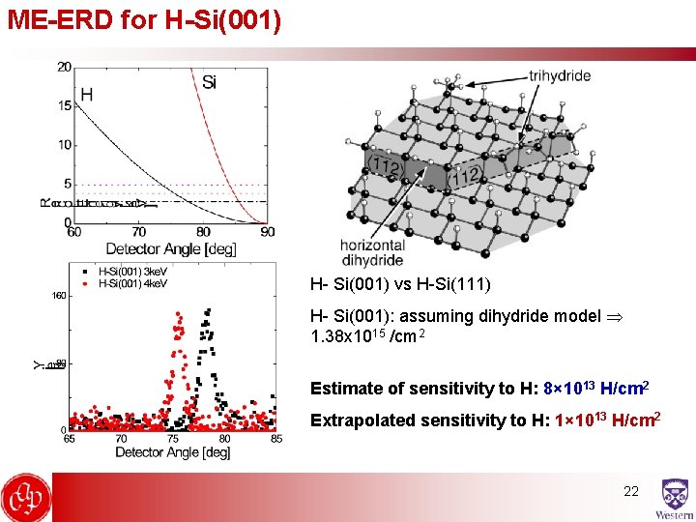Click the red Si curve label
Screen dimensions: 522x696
pos(209,82)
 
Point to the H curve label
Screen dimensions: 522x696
pos(87,94)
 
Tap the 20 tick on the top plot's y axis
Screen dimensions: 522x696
pos(64,66)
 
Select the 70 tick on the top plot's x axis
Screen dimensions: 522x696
pos(139,232)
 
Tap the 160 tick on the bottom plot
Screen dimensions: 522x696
pos(59,297)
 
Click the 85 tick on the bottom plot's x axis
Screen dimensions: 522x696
pos(275,439)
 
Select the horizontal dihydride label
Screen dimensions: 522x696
pos(371,252)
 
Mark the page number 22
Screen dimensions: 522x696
pos(630,491)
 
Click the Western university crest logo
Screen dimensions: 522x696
pos(675,499)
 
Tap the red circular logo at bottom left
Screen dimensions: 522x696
pos(26,498)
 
